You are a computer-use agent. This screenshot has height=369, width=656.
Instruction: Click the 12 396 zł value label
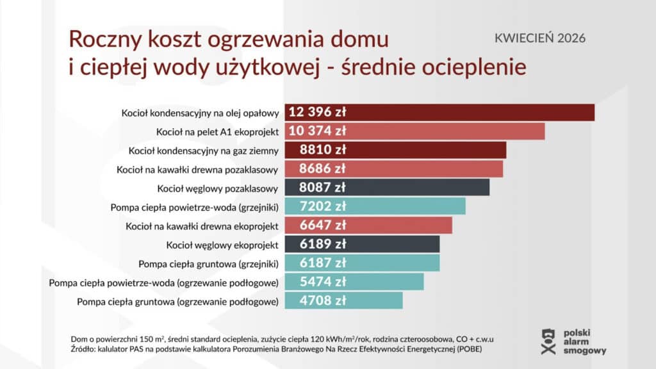(318, 112)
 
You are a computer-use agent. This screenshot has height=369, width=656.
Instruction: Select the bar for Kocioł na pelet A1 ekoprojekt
(448, 131)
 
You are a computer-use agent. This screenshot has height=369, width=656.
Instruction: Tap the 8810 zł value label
(323, 151)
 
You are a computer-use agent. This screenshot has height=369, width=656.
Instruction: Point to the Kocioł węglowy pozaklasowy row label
(218, 188)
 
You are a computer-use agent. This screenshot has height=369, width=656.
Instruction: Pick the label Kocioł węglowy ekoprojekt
(222, 245)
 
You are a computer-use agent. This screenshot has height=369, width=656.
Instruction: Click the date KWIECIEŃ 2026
(540, 38)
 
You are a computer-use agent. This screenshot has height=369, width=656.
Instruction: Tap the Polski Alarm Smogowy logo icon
(546, 341)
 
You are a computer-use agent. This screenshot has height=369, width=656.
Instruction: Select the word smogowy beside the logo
(584, 351)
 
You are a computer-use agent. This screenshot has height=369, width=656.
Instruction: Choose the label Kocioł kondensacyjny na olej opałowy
(201, 113)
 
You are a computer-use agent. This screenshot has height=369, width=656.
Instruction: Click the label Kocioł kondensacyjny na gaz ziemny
(204, 151)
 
